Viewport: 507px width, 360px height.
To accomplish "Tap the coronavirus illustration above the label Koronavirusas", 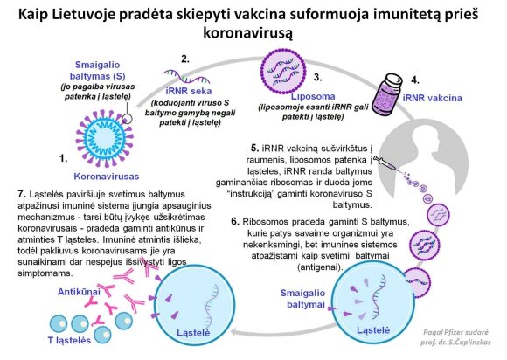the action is [104, 138].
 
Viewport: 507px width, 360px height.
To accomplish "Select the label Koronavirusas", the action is [107, 177].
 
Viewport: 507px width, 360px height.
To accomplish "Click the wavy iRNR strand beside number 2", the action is [186, 76].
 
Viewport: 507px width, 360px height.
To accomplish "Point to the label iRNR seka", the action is [189, 91].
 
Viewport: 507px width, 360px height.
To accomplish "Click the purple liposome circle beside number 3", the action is [283, 72].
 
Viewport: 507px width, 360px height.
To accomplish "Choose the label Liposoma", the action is [313, 96].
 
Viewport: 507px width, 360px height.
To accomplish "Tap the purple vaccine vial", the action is [386, 93].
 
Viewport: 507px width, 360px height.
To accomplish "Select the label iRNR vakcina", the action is [433, 98].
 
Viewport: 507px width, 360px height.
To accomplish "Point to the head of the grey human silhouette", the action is [425, 138].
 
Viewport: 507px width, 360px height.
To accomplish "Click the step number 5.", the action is [254, 149].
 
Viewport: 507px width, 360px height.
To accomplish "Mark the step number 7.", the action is [22, 194].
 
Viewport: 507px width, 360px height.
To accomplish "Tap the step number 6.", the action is [235, 222].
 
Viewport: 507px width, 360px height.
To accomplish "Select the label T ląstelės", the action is [69, 340].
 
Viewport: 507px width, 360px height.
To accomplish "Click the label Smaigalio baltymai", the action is [302, 299].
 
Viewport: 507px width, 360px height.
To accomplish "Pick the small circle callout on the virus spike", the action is [127, 119].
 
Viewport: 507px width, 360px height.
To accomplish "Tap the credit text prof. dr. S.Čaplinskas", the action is [455, 343].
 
